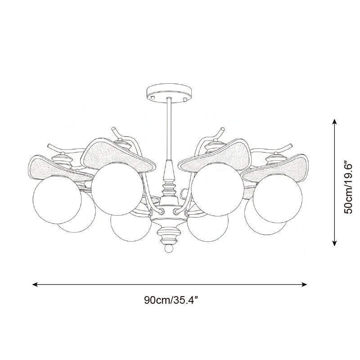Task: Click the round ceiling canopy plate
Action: click(x=169, y=93)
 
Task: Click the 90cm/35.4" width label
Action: click(x=171, y=300)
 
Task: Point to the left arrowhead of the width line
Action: click(x=35, y=284)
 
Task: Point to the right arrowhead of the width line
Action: click(x=305, y=284)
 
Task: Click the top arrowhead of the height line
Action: click(x=334, y=121)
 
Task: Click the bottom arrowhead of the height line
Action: click(x=334, y=243)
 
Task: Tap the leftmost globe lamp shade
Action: click(x=57, y=199)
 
